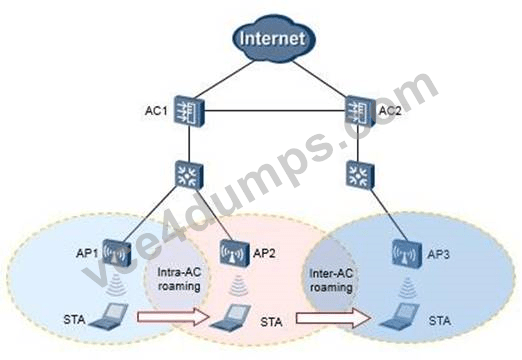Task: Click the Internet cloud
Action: (274, 39)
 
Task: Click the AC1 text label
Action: (156, 111)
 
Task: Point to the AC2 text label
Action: (390, 110)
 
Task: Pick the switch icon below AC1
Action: (189, 175)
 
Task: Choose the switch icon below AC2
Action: (360, 175)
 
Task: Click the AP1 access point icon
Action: (116, 253)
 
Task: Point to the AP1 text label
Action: (87, 253)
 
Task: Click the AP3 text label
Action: (438, 255)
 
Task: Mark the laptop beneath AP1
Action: (109, 315)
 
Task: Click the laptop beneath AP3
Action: (400, 316)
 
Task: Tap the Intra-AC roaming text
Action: (179, 279)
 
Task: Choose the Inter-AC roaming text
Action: (331, 280)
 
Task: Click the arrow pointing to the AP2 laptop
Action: (173, 316)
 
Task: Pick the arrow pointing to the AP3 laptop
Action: (333, 318)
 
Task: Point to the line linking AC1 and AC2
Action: (275, 111)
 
